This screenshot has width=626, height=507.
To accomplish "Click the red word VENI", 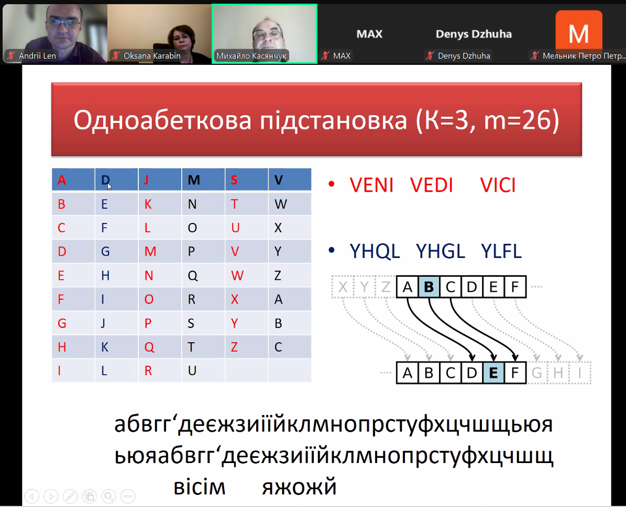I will (371, 185).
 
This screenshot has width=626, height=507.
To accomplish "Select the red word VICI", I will (498, 185).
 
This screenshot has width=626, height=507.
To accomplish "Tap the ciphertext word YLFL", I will (501, 252).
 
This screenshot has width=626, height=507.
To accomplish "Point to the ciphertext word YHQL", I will (375, 252).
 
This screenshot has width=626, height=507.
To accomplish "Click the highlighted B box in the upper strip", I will (429, 287).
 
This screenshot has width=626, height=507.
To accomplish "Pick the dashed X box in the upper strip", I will (343, 287).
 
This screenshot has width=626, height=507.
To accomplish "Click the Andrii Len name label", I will (37, 55).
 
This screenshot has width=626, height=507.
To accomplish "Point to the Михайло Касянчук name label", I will (251, 55).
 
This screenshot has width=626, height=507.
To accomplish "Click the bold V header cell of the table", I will (279, 181).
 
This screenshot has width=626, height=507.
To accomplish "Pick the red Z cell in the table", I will (234, 347).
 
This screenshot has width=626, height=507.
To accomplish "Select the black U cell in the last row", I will (192, 371).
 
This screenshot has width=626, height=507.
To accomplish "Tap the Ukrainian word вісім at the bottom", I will (200, 487).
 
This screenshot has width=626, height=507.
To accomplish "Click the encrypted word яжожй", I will (299, 487).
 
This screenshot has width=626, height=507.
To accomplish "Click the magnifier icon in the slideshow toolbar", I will (108, 496).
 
